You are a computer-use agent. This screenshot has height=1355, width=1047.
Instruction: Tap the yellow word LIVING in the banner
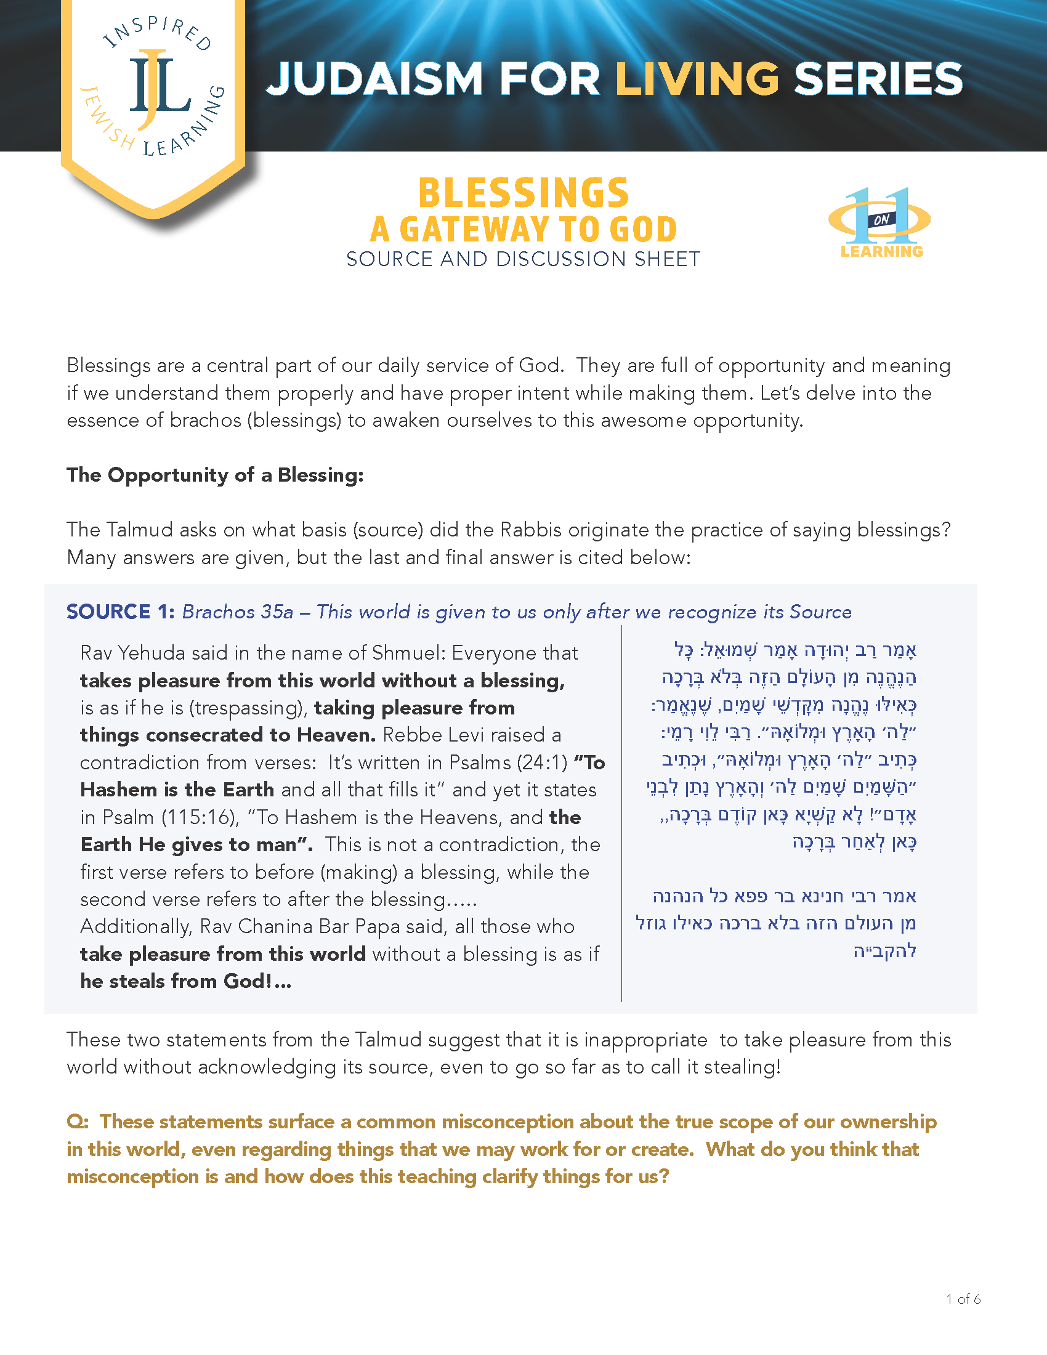(697, 79)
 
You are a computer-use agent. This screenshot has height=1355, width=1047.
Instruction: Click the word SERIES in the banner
(878, 79)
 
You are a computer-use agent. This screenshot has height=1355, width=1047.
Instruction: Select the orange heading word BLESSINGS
(524, 193)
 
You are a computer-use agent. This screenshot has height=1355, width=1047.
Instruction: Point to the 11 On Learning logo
(881, 222)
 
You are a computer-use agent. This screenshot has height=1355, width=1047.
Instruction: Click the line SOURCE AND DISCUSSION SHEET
(523, 259)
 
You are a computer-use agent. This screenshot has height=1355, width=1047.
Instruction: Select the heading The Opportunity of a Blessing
(215, 475)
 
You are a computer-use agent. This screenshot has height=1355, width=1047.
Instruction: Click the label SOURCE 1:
(120, 612)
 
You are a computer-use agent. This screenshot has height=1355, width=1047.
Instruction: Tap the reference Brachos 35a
(238, 612)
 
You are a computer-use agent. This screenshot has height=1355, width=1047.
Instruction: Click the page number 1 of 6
(963, 1299)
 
